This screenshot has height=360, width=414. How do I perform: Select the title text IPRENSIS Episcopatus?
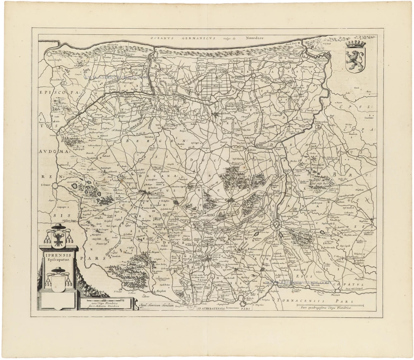pos(58,258)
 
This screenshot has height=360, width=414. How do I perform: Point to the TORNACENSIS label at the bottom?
pos(304,299)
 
